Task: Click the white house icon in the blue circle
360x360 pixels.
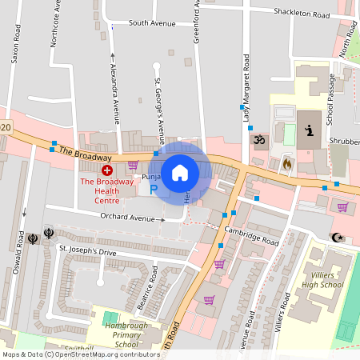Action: point(180,172)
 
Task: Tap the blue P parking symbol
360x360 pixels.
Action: point(154,190)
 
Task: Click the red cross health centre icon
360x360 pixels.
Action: point(107,170)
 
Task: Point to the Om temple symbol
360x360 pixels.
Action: point(258,140)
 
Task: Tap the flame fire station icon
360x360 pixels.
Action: point(287,163)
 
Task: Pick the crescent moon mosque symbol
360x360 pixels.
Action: point(336,237)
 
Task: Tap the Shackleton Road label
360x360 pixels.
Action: point(302,13)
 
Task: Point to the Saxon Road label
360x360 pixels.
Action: point(14,48)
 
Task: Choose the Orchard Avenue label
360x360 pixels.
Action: point(128,218)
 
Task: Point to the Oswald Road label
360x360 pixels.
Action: point(19,252)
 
